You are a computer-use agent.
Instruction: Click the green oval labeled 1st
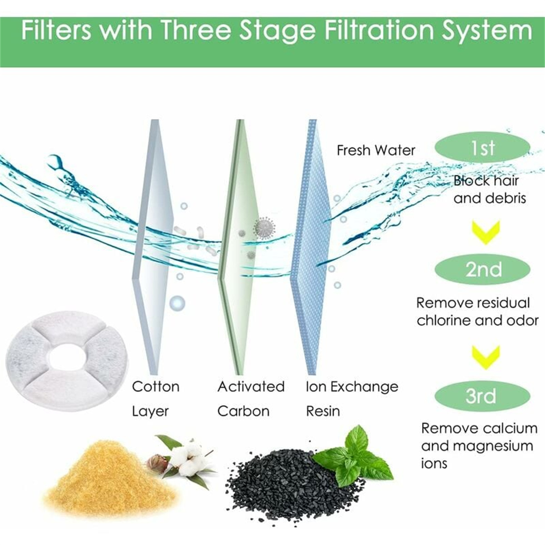pos(482,147)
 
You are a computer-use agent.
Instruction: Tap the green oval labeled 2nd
pos(483,269)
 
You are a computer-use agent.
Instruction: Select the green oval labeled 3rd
pos(482,396)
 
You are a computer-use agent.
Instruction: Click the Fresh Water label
pos(376,150)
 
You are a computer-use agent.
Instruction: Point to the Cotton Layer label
pos(156,399)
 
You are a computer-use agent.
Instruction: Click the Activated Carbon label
pos(251,399)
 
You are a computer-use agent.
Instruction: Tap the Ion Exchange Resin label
pos(352,399)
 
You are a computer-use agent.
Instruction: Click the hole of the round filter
pos(67,358)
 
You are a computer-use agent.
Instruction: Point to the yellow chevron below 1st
pos(486,233)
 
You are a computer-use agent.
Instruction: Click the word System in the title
pos(487,32)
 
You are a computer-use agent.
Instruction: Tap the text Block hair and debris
pos(489,189)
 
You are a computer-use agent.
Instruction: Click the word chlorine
pos(443,321)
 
